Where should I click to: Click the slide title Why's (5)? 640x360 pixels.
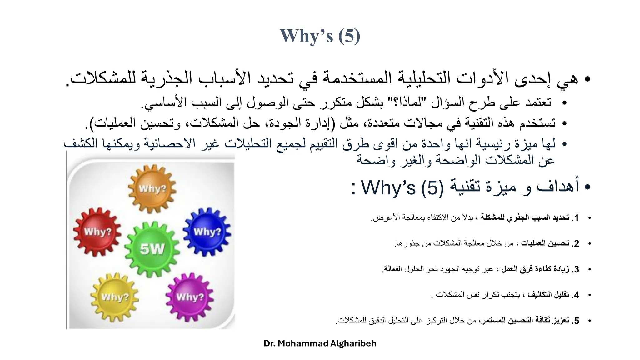tap(320, 36)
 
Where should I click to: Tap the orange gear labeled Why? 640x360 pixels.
tap(152, 189)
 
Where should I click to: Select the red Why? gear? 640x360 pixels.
tap(97, 232)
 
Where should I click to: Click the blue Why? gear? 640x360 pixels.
tap(207, 232)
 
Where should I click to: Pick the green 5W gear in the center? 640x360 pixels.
tap(152, 249)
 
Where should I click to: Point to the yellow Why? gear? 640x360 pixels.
tap(115, 297)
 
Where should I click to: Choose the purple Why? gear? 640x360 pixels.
tap(190, 297)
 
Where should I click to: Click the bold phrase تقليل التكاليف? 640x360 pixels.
tap(548, 295)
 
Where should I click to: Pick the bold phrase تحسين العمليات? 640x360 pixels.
tap(545, 243)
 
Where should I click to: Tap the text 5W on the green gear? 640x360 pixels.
tap(152, 249)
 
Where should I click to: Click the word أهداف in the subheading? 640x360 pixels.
tap(558, 186)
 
